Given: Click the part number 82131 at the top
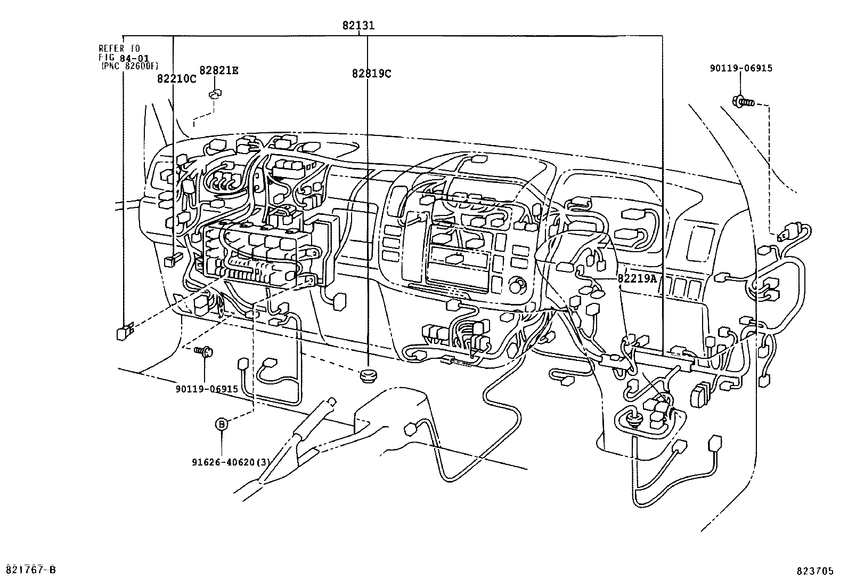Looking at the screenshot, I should pos(359,25).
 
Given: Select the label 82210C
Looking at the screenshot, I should pos(176,78).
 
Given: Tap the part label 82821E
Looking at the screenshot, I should pos(218,70).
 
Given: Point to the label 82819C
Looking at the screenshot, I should pos(371,74).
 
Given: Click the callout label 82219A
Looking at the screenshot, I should pos(638,278).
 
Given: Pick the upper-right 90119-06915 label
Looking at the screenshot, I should pos(740,68).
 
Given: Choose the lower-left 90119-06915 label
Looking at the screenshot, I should pos(207,389).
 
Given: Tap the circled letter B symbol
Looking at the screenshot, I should pos(222,424).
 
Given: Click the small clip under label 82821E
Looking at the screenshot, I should pos(215,94).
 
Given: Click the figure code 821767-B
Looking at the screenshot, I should pos(30,570).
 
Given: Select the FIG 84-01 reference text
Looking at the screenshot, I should pos(124,58).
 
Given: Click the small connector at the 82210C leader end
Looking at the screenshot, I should pos(172,261).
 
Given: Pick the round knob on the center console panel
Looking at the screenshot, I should pos(516,287).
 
